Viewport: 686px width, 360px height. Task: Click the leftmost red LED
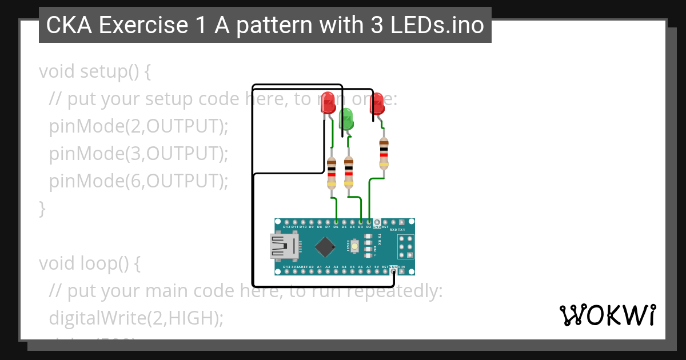328,102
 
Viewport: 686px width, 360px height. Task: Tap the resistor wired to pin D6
332,173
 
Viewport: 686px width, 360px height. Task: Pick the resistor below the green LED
348,173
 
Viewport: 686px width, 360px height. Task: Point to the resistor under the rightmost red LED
384,153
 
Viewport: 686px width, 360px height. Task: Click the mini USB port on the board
284,247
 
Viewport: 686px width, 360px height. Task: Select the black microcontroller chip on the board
325,247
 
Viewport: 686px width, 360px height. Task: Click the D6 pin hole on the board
336,222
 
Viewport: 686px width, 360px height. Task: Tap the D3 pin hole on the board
361,222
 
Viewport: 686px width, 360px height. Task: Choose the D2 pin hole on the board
369,222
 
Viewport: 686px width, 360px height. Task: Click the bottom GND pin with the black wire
393,272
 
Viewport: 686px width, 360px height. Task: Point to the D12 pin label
286,227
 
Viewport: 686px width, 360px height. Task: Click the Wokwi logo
607,315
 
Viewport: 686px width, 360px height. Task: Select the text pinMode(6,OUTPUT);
138,181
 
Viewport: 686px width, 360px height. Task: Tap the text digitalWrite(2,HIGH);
136,318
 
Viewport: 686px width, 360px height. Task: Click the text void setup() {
95,72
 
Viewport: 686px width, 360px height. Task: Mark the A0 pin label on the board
311,267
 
